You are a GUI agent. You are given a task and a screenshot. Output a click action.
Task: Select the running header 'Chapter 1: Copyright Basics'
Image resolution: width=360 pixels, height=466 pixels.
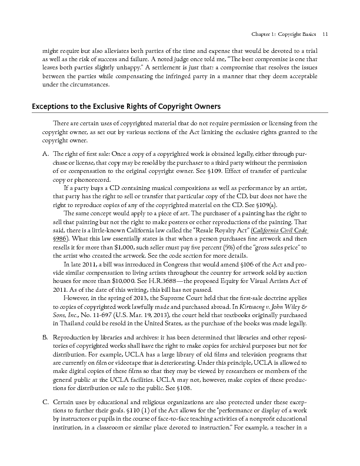[x=282, y=34]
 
